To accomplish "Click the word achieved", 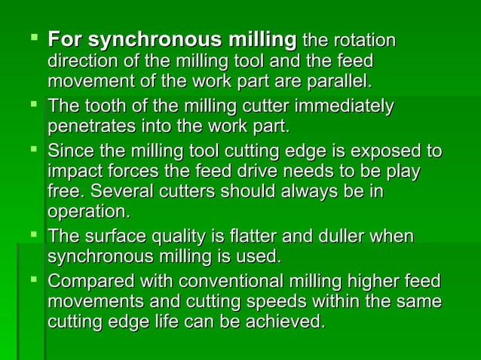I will pyautogui.click(x=288, y=322).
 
